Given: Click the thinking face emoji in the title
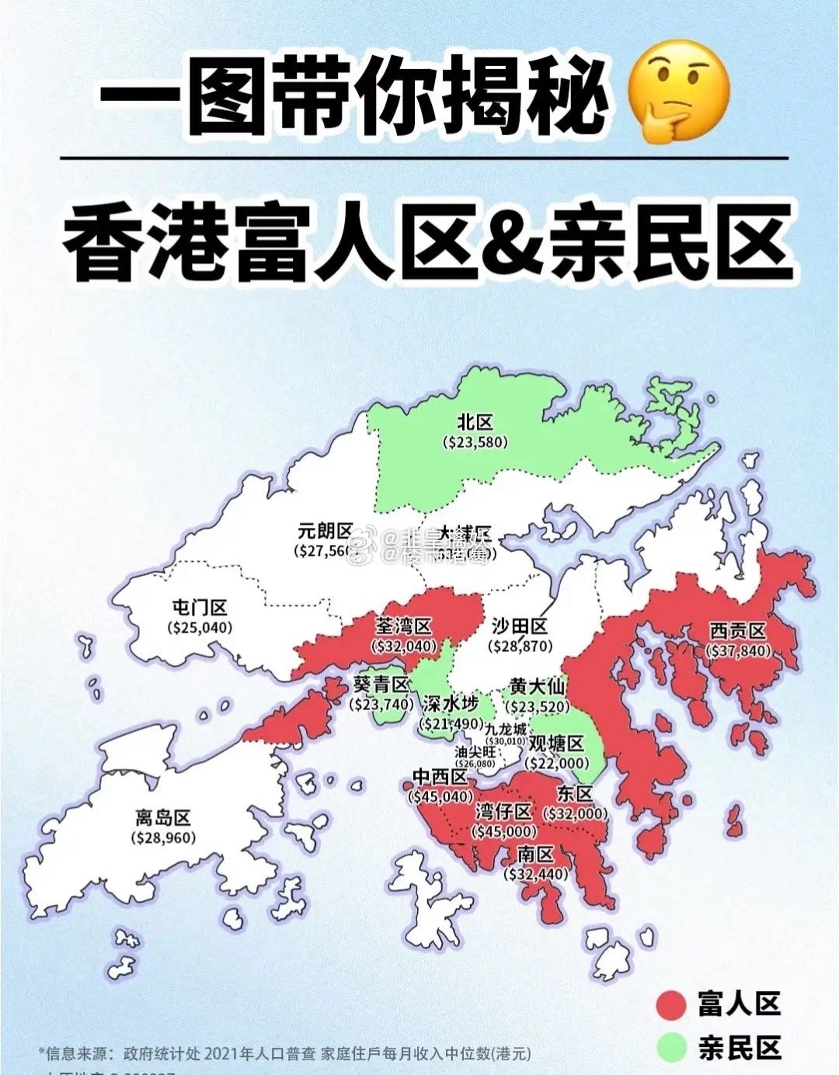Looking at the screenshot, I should coord(679,92).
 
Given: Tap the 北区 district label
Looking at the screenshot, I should coord(475,422).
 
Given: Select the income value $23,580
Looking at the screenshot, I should coord(475,442).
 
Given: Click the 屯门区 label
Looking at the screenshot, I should coord(200,608).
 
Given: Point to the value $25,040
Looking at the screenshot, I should coord(200,627).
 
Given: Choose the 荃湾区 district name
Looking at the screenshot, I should coord(403,626).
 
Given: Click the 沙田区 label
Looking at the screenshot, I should coord(520,626).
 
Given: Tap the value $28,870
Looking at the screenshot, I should coord(520,646).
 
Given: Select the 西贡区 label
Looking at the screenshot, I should coord(737,631).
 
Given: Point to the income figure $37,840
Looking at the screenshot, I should coord(737,650).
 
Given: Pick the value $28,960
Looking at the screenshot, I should coord(163,837).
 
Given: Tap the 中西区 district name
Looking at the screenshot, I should coord(440,777).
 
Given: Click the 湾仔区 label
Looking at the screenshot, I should coord(503,812).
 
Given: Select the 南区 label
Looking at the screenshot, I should coord(535,855).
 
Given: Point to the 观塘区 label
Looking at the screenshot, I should coord(556,744).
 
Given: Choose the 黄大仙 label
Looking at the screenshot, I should coord(537,686).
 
